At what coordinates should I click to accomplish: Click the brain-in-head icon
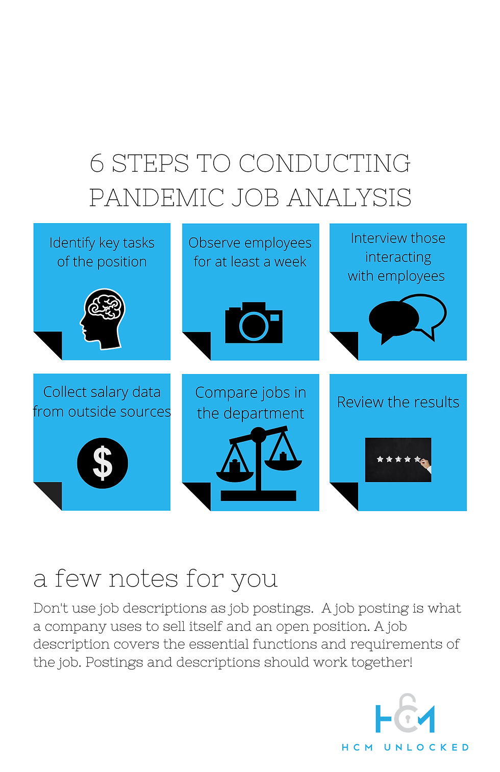click(103, 319)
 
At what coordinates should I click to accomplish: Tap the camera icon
click(254, 323)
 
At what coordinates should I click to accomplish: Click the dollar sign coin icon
click(103, 463)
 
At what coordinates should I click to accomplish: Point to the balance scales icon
click(259, 464)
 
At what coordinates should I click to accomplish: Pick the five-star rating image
click(398, 460)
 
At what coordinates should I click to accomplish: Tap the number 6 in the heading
click(96, 164)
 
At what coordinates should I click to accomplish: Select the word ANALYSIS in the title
click(349, 198)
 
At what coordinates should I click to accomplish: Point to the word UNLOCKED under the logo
click(426, 748)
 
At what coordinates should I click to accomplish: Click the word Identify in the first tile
click(72, 243)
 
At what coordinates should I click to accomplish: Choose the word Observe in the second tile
click(214, 243)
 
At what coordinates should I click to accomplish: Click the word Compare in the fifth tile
click(226, 393)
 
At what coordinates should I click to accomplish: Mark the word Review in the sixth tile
click(360, 403)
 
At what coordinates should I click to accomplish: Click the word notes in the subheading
click(143, 579)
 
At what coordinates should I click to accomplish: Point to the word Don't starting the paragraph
click(50, 608)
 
